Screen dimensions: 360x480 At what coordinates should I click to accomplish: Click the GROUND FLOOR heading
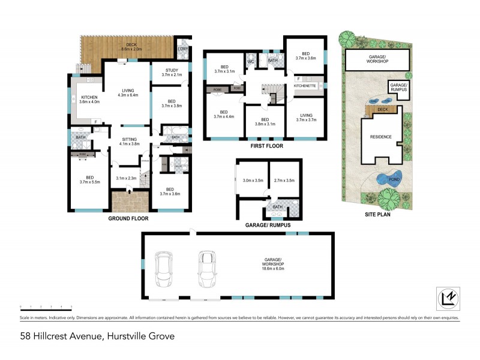coord(128,218)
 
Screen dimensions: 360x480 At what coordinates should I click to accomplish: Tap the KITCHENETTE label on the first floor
coord(306,86)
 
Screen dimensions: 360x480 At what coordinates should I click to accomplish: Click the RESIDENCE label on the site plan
coord(380,137)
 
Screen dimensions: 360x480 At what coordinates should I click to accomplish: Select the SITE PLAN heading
coord(377,214)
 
